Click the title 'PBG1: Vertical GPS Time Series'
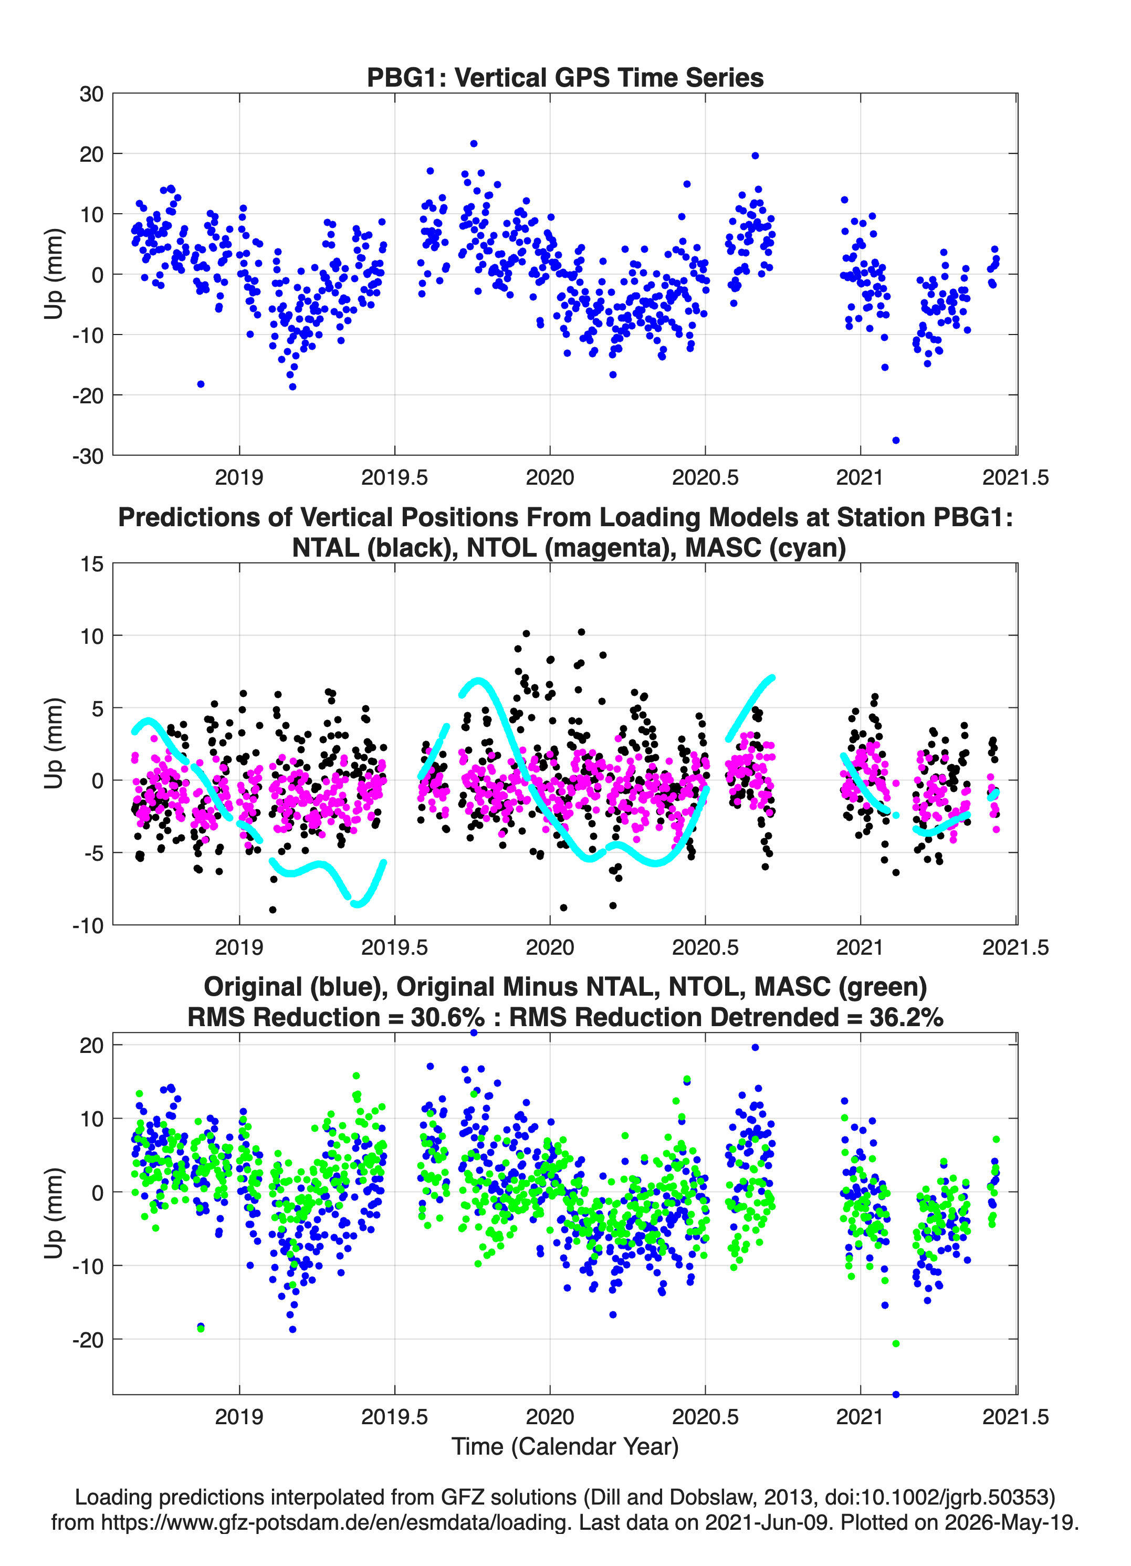[565, 77]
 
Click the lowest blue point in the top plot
[896, 440]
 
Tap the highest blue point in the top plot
[474, 143]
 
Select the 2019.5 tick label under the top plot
[394, 477]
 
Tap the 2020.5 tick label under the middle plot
[705, 947]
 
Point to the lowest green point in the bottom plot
[896, 1343]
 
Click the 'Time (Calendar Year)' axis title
[565, 1447]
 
